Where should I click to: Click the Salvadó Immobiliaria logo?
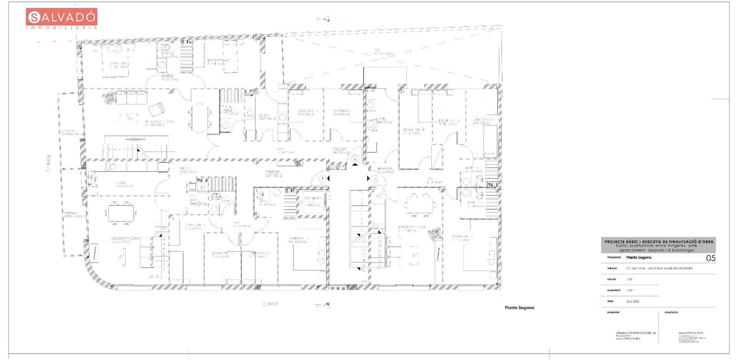(61, 18)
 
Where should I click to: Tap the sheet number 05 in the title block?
(711, 258)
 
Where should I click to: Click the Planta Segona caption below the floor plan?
(519, 307)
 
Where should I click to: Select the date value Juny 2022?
(633, 301)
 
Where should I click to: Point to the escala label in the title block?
(612, 279)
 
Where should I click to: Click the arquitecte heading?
(671, 312)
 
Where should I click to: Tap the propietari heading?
(613, 312)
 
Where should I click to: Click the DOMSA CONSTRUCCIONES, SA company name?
(636, 333)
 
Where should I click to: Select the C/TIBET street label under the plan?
(270, 304)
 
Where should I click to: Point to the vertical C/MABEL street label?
(49, 161)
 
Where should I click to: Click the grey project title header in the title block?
(660, 245)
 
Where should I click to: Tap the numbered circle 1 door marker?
(322, 178)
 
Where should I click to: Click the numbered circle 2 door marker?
(355, 159)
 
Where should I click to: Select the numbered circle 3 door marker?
(375, 178)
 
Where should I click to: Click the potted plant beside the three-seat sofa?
(110, 97)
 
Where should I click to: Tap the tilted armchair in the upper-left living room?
(156, 109)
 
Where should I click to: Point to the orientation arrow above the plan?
(325, 19)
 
